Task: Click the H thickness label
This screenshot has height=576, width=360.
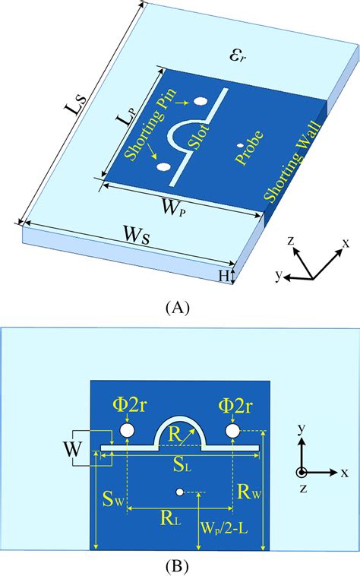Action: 224,277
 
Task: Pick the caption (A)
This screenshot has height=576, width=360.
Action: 177,307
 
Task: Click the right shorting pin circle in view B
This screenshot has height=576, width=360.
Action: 232,432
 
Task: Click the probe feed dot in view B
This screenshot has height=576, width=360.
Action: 179,492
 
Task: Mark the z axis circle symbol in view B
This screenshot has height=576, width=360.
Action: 302,472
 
